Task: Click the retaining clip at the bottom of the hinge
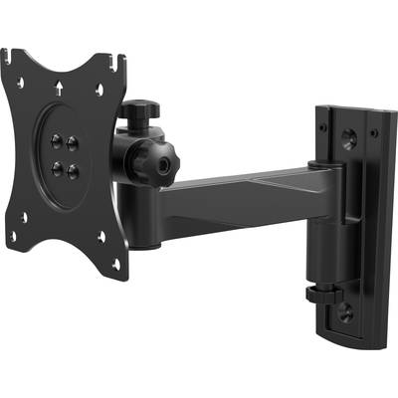(320, 294)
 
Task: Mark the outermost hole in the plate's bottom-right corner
(115, 264)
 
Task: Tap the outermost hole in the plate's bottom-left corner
(13, 237)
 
